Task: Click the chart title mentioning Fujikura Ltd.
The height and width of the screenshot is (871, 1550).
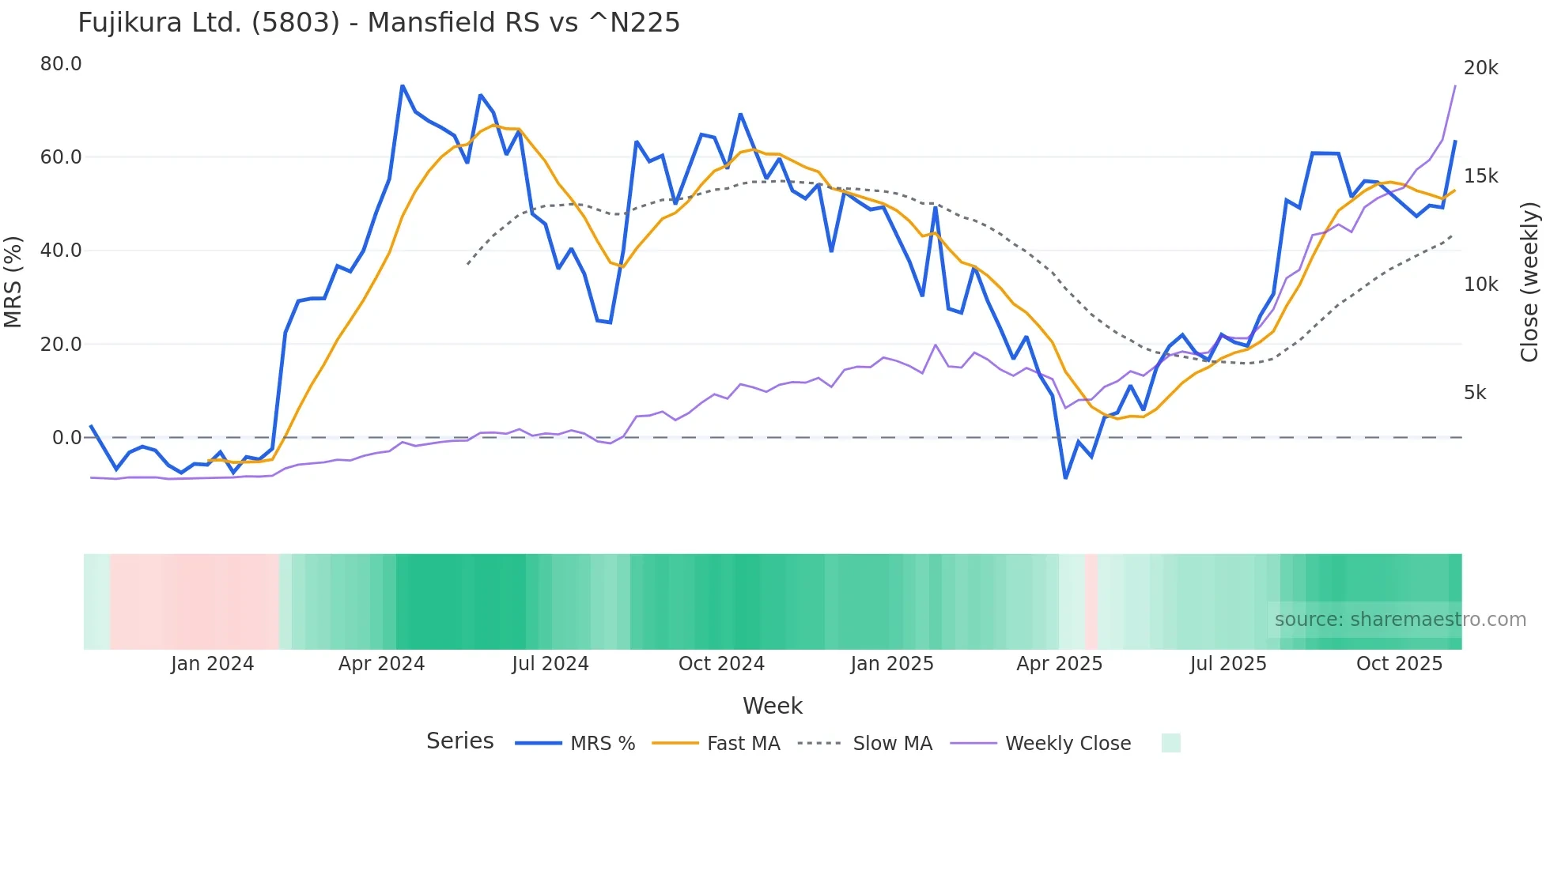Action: [379, 23]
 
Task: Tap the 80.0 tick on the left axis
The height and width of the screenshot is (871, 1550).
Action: [61, 64]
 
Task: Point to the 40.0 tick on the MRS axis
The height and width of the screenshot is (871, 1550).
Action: [61, 251]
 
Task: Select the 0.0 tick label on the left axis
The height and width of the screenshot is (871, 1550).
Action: [66, 438]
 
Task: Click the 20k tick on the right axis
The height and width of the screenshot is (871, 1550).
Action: [1480, 68]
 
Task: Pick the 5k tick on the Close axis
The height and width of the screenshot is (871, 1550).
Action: [1475, 393]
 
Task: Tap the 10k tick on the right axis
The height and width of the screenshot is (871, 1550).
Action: [1480, 285]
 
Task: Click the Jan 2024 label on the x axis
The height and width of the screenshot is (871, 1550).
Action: [212, 664]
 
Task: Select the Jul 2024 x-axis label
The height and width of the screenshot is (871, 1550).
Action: [550, 664]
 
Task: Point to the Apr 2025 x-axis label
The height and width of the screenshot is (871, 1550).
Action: [1059, 664]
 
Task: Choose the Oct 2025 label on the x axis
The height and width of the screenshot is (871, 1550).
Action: [1399, 664]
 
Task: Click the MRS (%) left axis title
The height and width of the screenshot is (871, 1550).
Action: [13, 282]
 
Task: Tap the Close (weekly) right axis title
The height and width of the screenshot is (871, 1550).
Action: [1529, 282]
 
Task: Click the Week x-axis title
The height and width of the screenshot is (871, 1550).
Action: [773, 706]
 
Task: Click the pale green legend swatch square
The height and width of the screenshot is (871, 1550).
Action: [1170, 743]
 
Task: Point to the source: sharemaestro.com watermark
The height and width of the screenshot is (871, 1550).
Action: [1400, 620]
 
